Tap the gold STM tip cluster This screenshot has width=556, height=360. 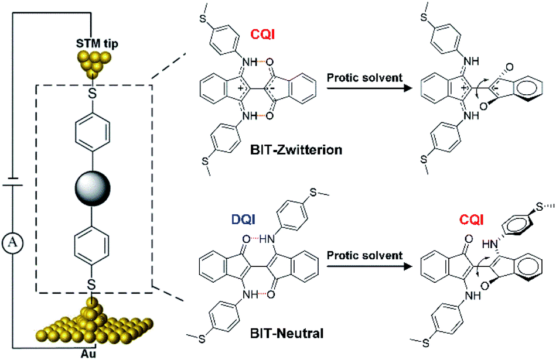91,63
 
